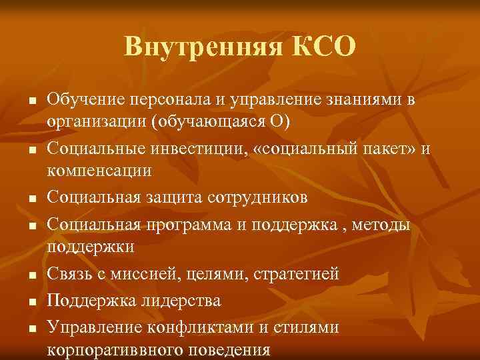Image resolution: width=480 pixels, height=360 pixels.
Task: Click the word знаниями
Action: (361, 100)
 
